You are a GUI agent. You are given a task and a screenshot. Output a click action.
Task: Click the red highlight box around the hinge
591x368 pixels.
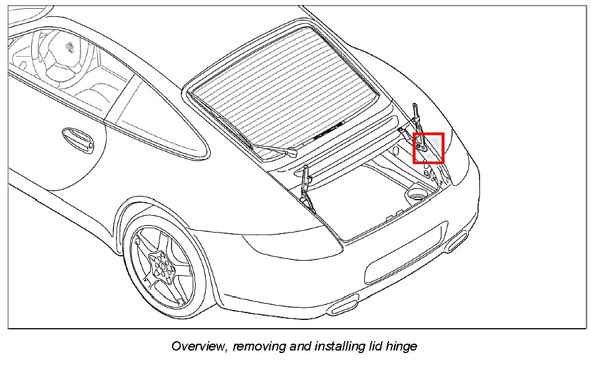coord(428,148)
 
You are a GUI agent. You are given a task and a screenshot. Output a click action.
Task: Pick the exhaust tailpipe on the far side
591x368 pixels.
coord(458,240)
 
